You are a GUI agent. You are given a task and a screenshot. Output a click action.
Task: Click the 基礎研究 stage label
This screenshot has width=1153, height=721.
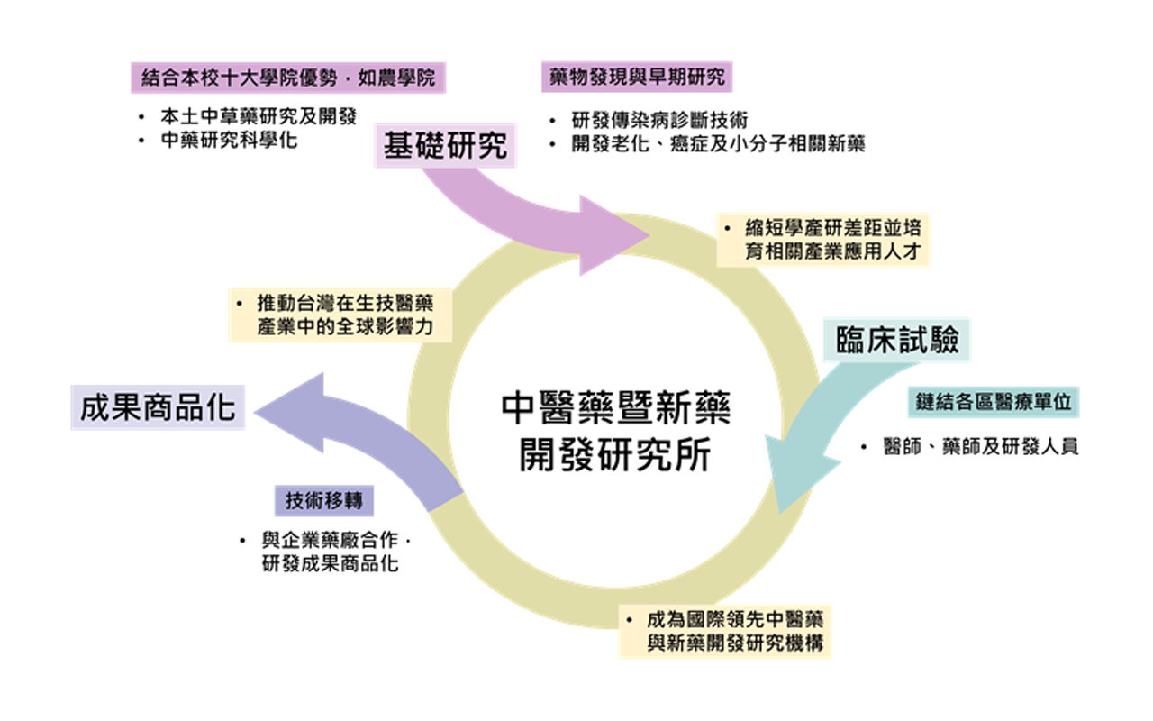coord(445,146)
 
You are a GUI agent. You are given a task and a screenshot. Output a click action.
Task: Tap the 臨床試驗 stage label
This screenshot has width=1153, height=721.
coord(896,341)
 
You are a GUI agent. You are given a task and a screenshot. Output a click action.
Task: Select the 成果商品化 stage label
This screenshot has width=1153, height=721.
coord(158,407)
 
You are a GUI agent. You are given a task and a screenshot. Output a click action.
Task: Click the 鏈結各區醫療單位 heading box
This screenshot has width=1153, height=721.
coord(994,403)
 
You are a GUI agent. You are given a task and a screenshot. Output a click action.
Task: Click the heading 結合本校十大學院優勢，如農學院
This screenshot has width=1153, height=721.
coord(288,78)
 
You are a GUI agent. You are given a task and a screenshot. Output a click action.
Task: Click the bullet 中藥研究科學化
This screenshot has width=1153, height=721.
coord(229,141)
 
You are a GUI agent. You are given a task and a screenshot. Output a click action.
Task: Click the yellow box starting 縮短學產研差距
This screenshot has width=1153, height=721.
coord(823,240)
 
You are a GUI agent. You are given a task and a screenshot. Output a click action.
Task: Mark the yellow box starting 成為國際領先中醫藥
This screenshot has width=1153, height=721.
coord(725,632)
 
